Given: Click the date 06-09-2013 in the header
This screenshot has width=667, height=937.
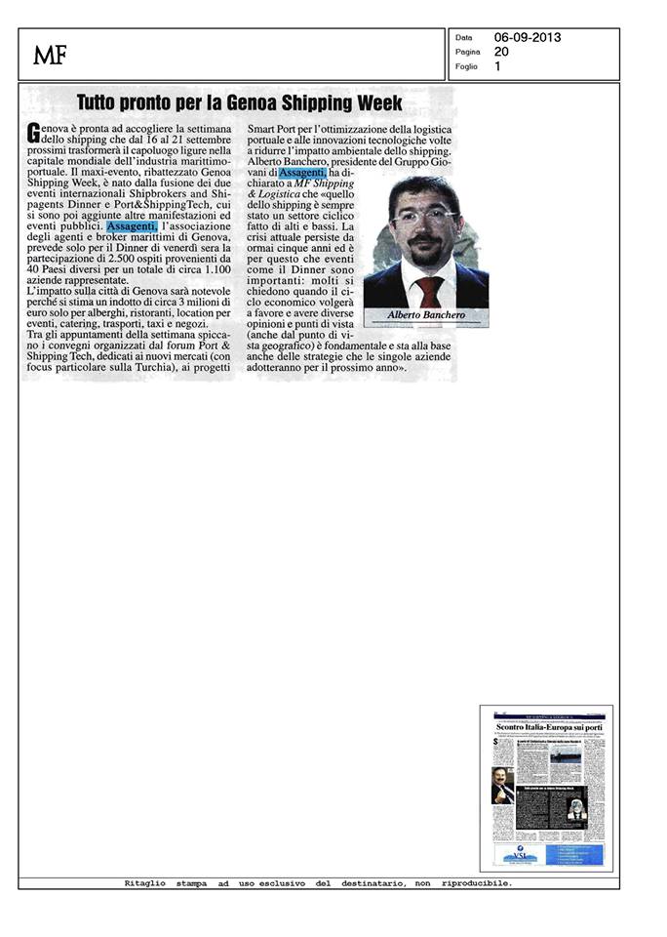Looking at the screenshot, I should click(x=527, y=37).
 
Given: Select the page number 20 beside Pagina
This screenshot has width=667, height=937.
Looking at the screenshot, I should click(x=500, y=52).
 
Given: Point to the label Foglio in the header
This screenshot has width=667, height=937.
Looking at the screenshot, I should click(x=466, y=66).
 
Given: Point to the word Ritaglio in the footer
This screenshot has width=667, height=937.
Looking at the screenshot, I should click(x=145, y=883).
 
